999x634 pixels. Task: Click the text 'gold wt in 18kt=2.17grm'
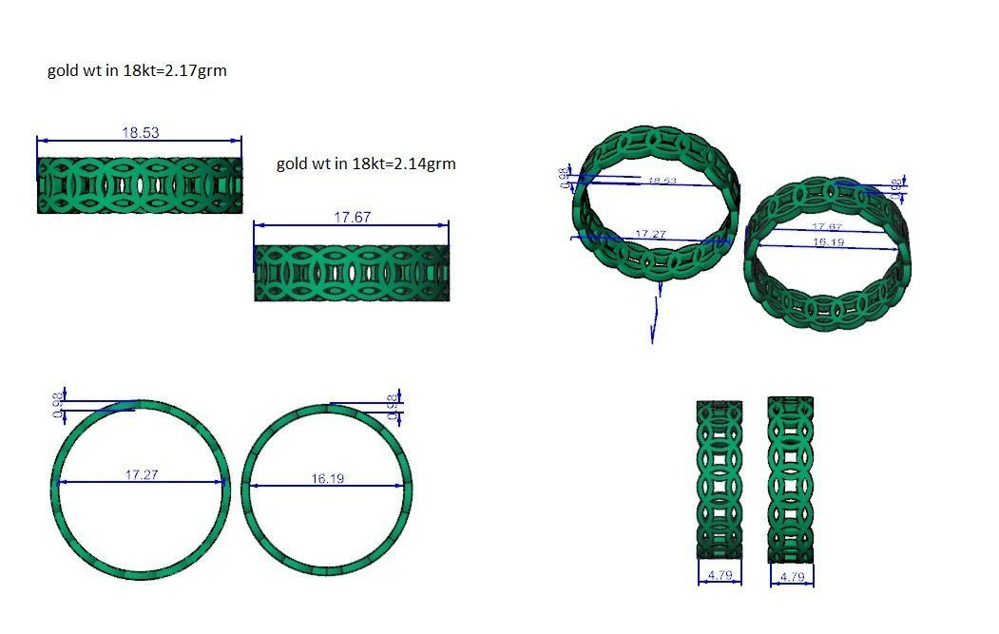pyautogui.click(x=137, y=70)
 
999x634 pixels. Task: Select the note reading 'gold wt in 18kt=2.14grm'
pyautogui.click(x=366, y=163)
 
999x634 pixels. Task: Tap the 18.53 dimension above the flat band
pyautogui.click(x=140, y=133)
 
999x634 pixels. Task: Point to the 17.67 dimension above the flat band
pyautogui.click(x=352, y=218)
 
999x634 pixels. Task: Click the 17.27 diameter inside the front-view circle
pyautogui.click(x=142, y=474)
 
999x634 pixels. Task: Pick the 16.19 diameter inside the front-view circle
pyautogui.click(x=328, y=478)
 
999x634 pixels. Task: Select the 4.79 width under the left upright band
pyautogui.click(x=720, y=575)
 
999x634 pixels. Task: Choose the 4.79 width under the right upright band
pyautogui.click(x=791, y=576)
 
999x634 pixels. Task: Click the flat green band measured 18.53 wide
pyautogui.click(x=140, y=184)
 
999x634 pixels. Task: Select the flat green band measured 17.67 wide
pyautogui.click(x=352, y=273)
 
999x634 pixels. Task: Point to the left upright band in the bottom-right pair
pyautogui.click(x=720, y=479)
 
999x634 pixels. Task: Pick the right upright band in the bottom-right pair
pyautogui.click(x=791, y=479)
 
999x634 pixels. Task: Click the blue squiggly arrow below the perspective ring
pyautogui.click(x=655, y=318)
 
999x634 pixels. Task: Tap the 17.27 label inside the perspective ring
pyautogui.click(x=650, y=233)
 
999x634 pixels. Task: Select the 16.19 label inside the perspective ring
pyautogui.click(x=828, y=242)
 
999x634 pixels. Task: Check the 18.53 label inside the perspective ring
pyautogui.click(x=662, y=181)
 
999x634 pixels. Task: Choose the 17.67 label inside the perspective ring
pyautogui.click(x=827, y=226)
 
